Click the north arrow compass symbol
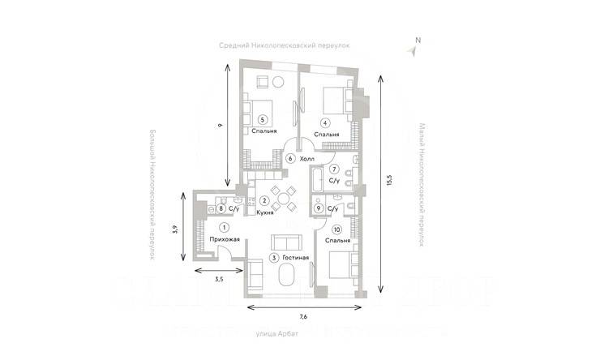click(x=414, y=49)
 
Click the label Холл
click(x=306, y=159)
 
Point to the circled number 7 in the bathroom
click(x=333, y=169)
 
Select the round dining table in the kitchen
click(x=281, y=198)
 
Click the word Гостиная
click(x=295, y=257)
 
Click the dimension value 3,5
click(x=217, y=280)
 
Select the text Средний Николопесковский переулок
click(x=284, y=45)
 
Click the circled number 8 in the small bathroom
click(x=221, y=208)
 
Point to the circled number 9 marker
click(x=319, y=208)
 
